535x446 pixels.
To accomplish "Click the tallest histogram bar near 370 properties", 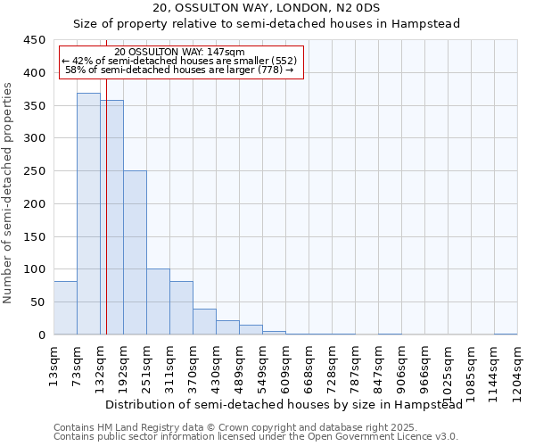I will pyautogui.click(x=88, y=214).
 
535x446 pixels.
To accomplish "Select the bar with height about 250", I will pyautogui.click(x=135, y=252).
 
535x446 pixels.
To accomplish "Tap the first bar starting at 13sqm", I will pyautogui.click(x=65, y=308).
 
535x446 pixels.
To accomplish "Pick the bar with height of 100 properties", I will pyautogui.click(x=158, y=301).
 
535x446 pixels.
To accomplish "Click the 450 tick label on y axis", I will pyautogui.click(x=35, y=40).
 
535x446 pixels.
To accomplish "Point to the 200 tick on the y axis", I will pyautogui.click(x=35, y=203).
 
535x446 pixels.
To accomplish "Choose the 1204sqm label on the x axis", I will pyautogui.click(x=517, y=369).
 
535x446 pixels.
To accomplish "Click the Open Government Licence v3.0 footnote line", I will pyautogui.click(x=256, y=436).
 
